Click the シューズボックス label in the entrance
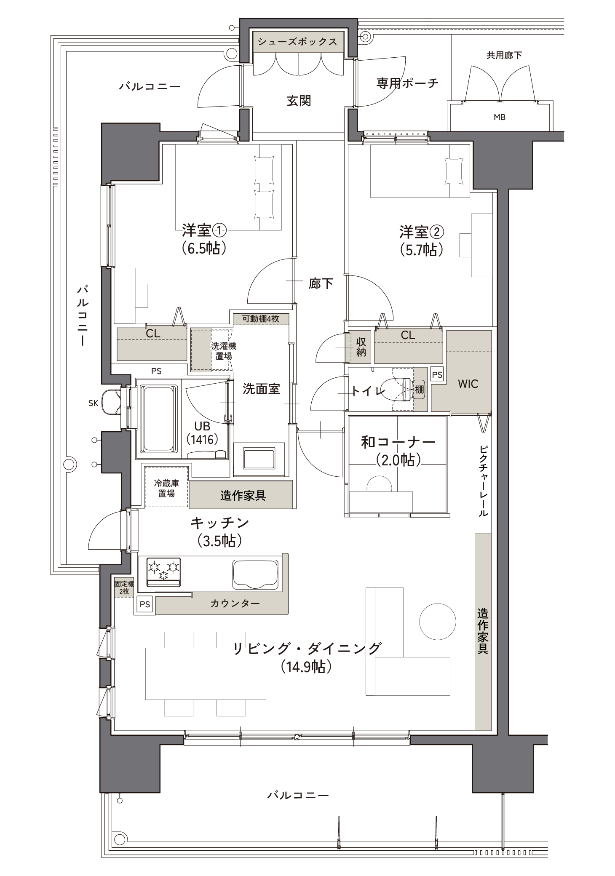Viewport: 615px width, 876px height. tap(297, 42)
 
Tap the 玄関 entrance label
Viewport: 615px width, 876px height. tap(299, 101)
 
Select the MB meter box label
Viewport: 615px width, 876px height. tap(500, 118)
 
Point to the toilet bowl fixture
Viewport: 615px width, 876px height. tap(396, 389)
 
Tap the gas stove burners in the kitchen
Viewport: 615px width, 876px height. tap(163, 572)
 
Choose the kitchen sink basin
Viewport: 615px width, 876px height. tap(255, 574)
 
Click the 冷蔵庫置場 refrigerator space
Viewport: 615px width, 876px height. tap(166, 487)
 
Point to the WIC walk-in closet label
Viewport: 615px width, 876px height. tap(468, 384)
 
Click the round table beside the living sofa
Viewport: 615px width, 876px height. tap(438, 622)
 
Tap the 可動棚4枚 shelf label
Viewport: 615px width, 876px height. tap(261, 319)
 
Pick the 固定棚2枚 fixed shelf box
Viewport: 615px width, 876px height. tap(124, 588)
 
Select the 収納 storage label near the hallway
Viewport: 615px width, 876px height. tap(361, 347)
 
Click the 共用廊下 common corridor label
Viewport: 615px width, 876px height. tap(504, 55)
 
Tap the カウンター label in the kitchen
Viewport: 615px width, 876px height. tap(235, 604)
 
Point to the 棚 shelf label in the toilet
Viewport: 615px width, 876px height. tap(419, 390)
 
